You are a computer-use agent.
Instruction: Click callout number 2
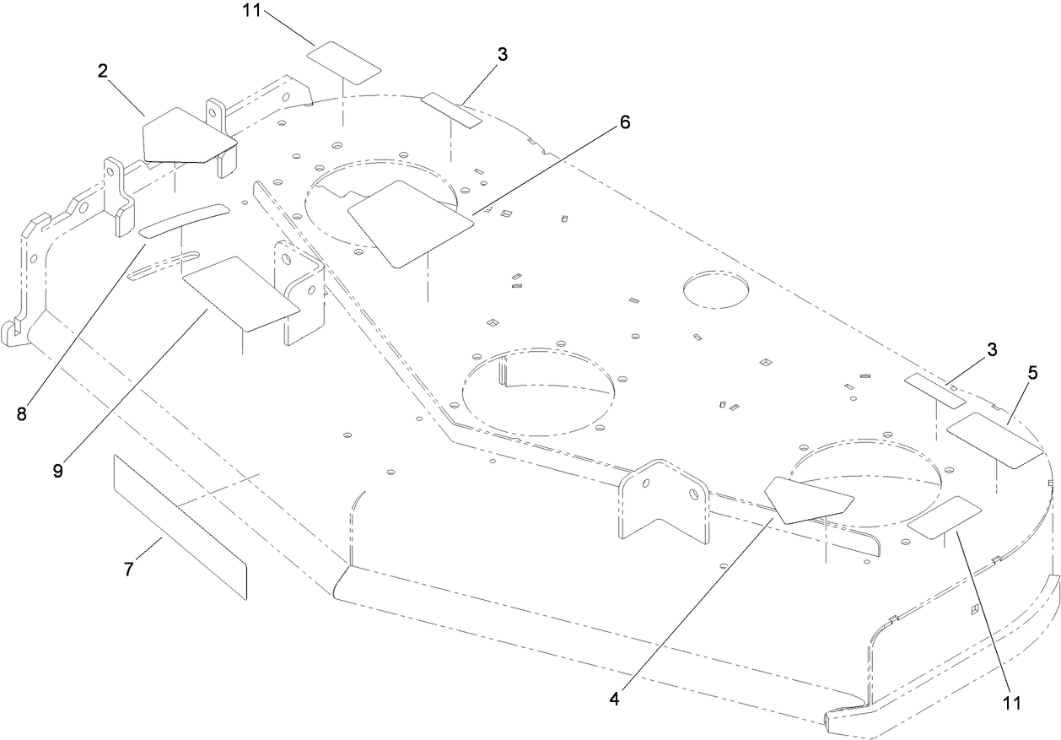click(x=102, y=72)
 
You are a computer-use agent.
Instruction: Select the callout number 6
click(x=624, y=122)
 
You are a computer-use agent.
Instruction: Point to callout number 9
click(x=58, y=471)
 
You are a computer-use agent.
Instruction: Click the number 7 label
click(x=128, y=570)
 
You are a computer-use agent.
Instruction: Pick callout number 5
click(x=1032, y=371)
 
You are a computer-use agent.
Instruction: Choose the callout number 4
click(x=614, y=700)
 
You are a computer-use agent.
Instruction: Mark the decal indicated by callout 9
click(x=240, y=291)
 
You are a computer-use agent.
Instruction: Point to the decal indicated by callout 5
click(x=996, y=439)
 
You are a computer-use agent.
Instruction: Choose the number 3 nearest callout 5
click(x=992, y=348)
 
